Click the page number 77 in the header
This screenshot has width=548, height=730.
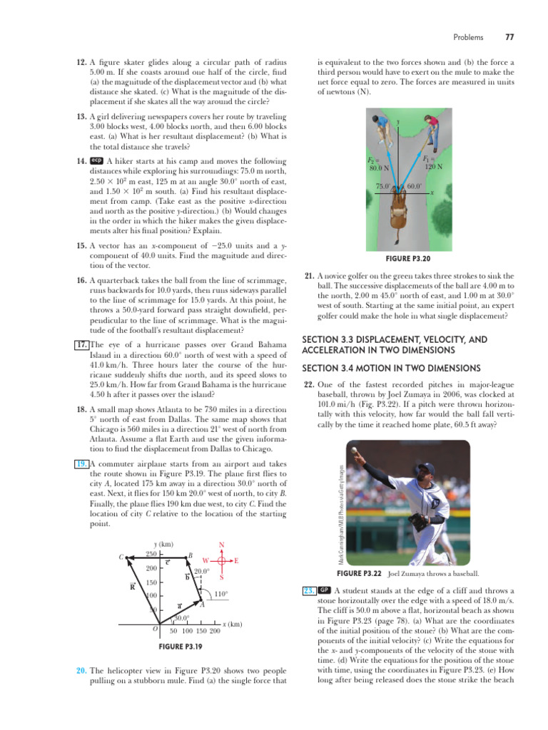tap(509, 37)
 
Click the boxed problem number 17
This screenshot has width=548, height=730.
tap(81, 346)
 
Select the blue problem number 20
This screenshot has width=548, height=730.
tap(81, 671)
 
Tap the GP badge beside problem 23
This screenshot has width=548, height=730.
tap(324, 591)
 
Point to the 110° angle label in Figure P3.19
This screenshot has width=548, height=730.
tap(220, 594)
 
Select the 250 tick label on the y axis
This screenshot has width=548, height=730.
tap(151, 554)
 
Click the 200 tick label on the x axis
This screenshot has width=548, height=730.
tap(215, 632)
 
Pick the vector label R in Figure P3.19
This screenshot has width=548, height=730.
tap(133, 587)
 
